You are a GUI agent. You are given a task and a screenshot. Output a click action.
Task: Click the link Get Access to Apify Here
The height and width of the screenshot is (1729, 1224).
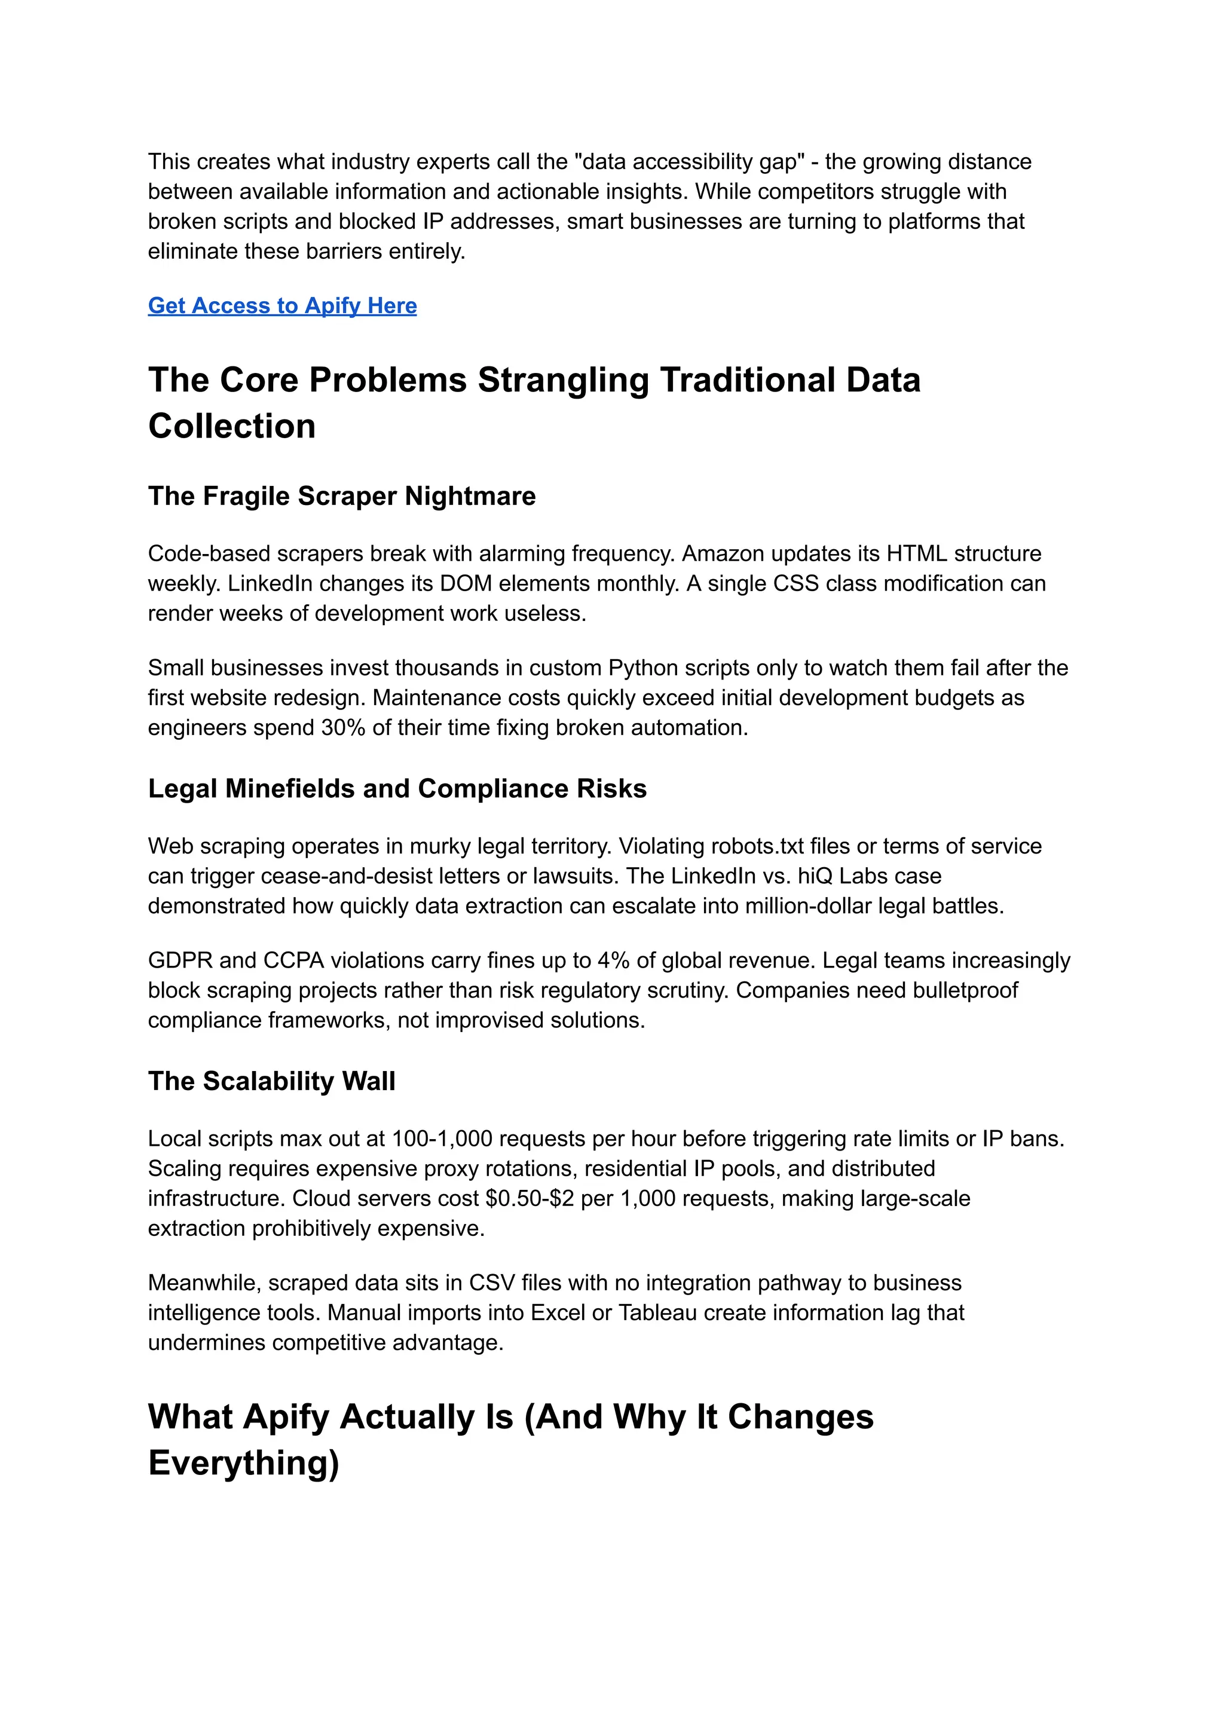pos(282,306)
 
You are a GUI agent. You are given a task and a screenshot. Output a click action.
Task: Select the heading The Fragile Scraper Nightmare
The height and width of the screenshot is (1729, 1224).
pos(341,496)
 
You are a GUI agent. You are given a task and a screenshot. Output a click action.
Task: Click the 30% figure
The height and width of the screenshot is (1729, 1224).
pos(343,728)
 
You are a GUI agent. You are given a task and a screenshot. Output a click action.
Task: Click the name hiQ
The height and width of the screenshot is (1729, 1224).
pos(815,877)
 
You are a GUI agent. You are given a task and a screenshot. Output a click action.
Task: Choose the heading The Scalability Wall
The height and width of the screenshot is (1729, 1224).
pos(271,1082)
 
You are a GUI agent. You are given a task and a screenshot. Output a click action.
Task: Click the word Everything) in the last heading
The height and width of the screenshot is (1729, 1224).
pos(243,1464)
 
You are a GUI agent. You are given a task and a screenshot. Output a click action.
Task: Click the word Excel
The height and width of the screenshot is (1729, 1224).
pos(558,1313)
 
